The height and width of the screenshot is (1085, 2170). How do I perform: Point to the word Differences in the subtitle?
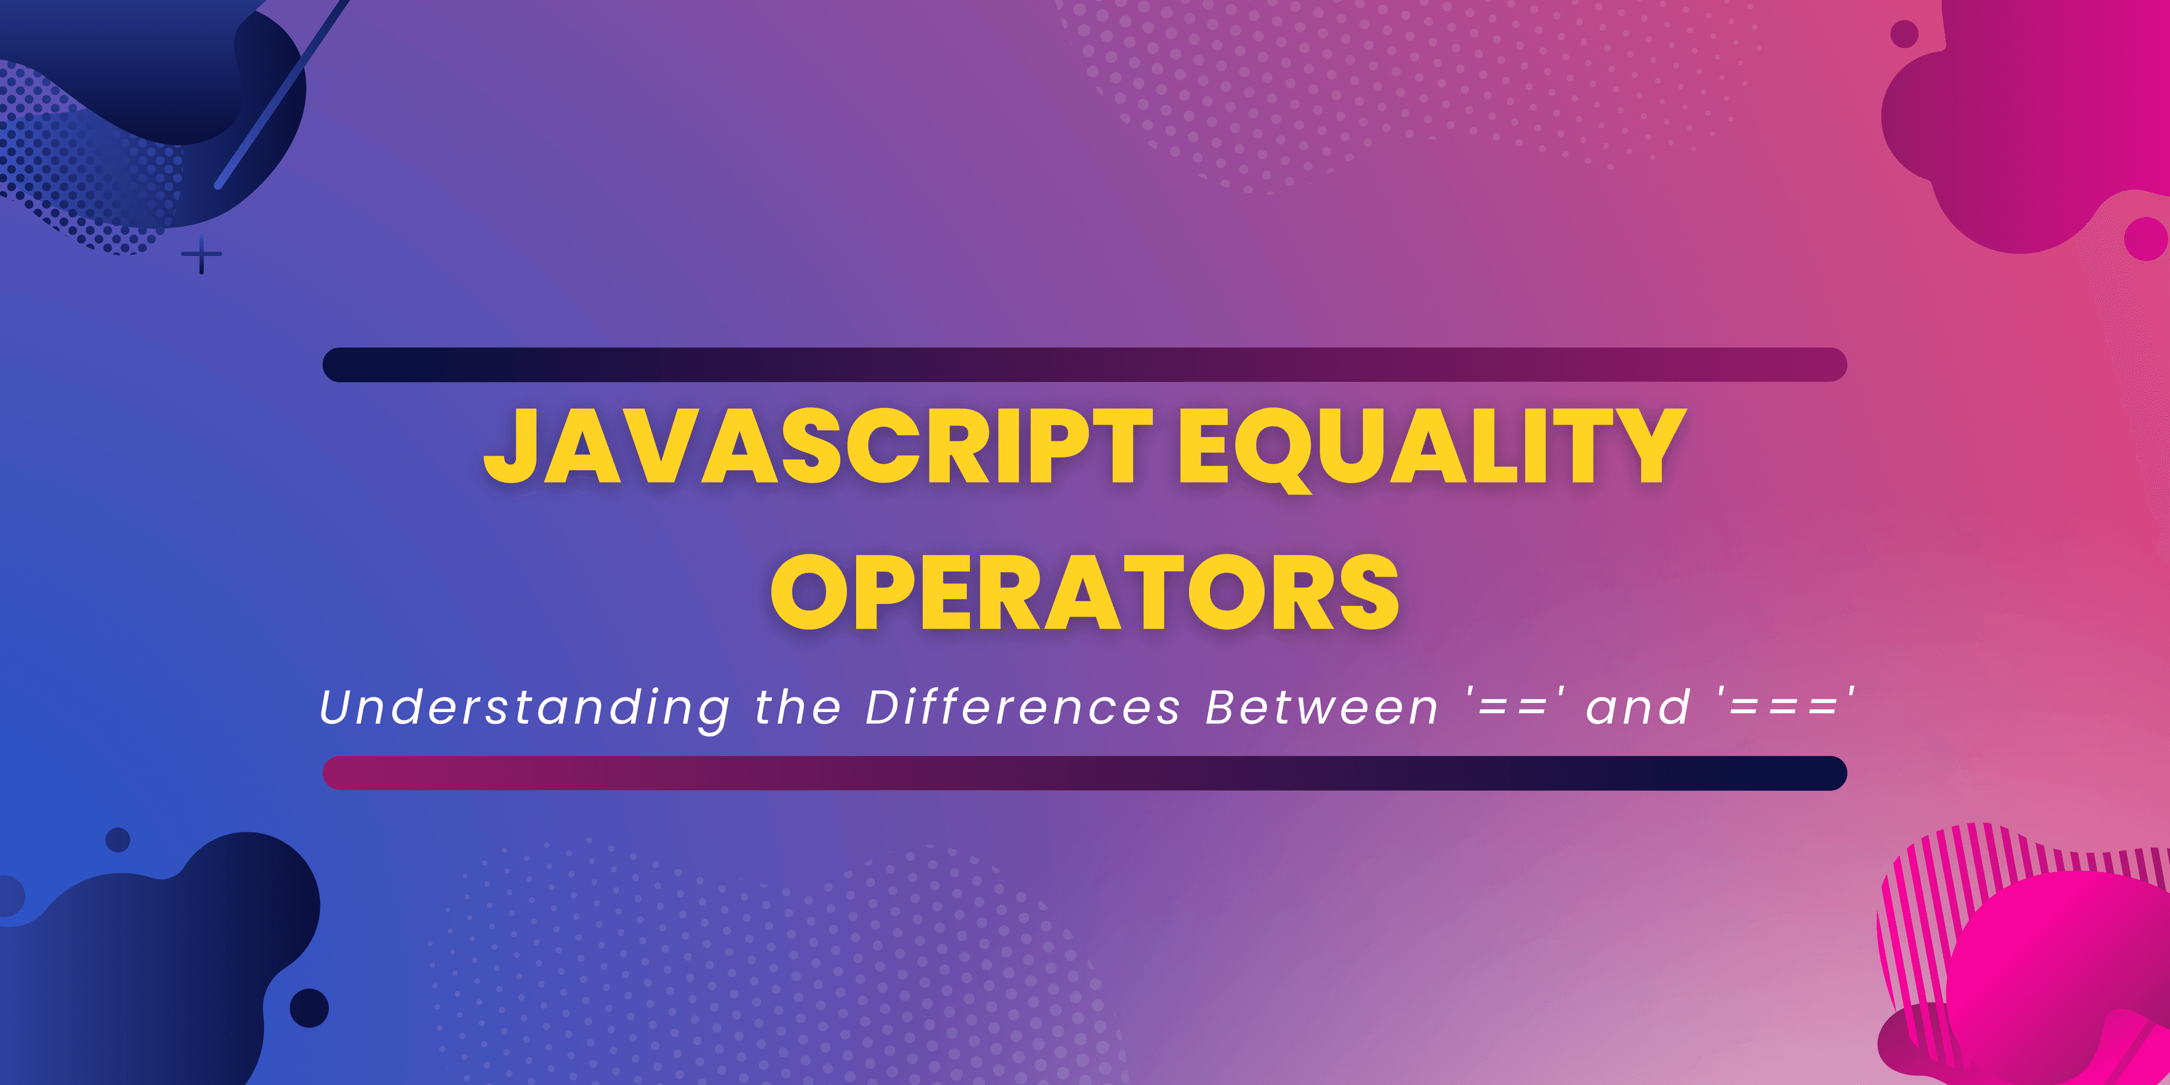(x=1023, y=707)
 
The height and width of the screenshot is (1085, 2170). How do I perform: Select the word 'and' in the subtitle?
(x=1638, y=707)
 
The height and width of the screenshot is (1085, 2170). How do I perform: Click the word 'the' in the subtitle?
(x=798, y=707)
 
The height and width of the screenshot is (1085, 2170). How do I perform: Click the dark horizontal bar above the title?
(x=1085, y=364)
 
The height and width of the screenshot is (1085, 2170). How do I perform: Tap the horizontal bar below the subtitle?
(x=1085, y=773)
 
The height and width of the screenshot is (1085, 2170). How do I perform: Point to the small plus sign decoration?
(x=201, y=254)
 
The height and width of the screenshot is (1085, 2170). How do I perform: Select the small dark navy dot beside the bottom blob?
(x=309, y=1008)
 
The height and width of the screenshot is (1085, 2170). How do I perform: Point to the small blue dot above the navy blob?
(x=118, y=839)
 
